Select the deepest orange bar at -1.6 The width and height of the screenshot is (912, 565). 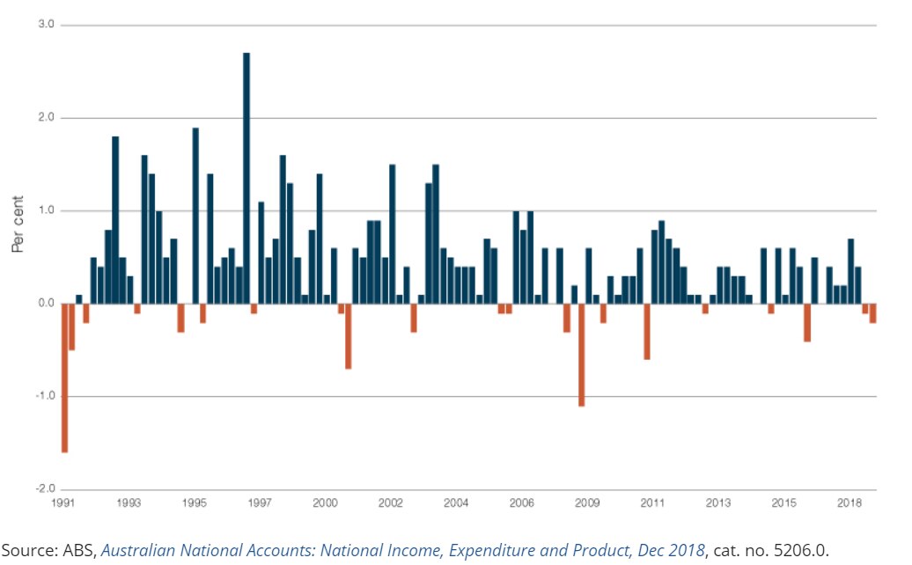(x=64, y=378)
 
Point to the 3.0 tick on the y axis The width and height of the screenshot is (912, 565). (x=46, y=26)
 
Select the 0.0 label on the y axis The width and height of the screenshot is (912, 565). (x=46, y=304)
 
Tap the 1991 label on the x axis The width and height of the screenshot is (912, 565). (x=63, y=503)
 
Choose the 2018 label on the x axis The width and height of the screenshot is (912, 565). (x=849, y=503)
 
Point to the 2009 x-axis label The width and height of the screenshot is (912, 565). (x=587, y=503)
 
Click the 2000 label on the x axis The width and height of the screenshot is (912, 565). (x=325, y=503)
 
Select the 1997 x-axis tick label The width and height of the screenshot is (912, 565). (x=259, y=503)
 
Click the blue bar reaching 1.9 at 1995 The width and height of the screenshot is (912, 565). (x=195, y=216)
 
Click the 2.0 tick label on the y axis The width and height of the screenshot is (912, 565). (x=46, y=118)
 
